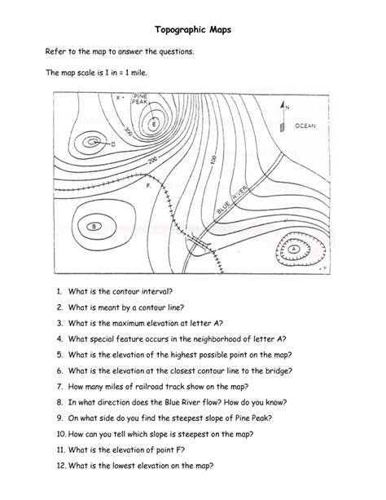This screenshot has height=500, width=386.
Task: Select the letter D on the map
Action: [112, 144]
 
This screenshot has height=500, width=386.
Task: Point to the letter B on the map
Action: [95, 226]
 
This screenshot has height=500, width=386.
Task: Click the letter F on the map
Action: [147, 186]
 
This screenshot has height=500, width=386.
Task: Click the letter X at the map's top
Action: [118, 98]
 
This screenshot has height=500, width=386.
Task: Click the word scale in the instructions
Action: [84, 73]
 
